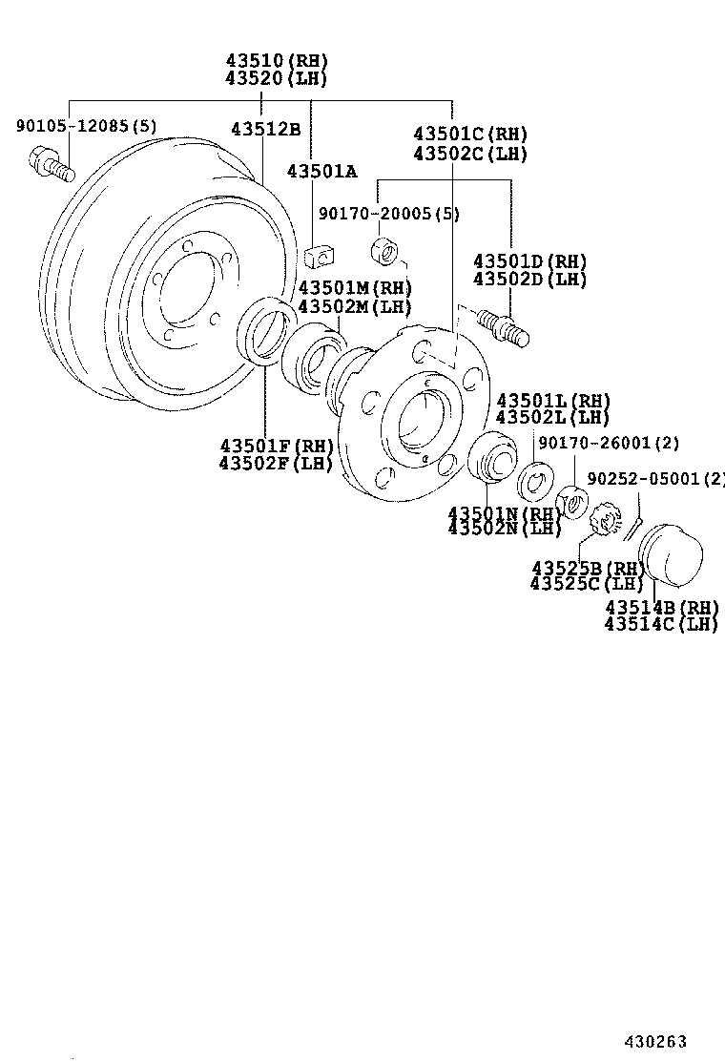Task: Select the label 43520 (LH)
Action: [277, 78]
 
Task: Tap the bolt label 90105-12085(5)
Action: [87, 125]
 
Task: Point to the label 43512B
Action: [265, 130]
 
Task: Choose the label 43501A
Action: [321, 171]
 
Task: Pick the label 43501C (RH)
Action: [470, 135]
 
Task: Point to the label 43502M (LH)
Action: [354, 306]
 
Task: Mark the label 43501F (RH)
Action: [276, 446]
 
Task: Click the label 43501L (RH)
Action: [553, 401]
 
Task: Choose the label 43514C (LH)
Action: [660, 624]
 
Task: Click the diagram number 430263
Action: [655, 1042]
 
